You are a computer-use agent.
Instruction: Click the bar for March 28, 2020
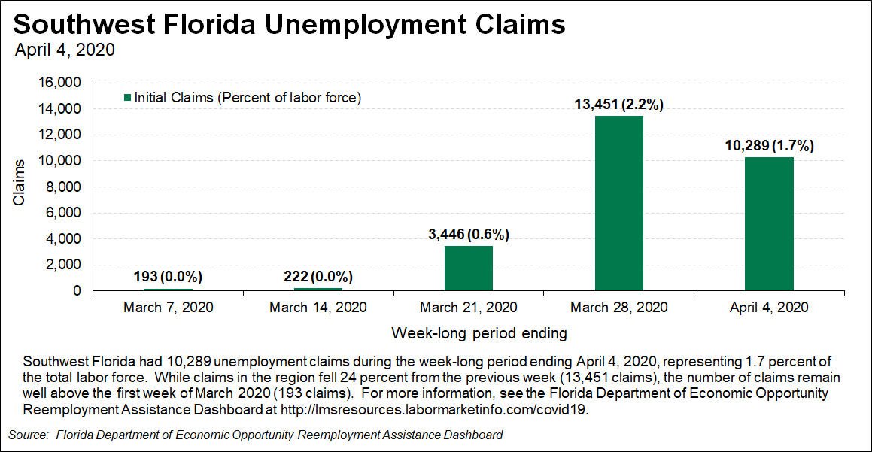pos(618,203)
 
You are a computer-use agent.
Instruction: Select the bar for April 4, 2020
pos(769,223)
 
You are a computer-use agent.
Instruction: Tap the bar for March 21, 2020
pos(468,268)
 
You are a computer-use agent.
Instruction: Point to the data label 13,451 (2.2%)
pos(618,105)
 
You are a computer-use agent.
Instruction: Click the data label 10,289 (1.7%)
pos(769,146)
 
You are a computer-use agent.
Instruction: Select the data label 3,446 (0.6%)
pos(468,235)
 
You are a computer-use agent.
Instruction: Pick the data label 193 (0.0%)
pos(168,276)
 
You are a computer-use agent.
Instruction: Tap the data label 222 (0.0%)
pos(318,276)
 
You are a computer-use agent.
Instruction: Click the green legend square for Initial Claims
pos(127,98)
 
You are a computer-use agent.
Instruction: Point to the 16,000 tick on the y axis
pos(61,83)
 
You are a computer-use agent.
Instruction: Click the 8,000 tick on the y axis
pos(64,187)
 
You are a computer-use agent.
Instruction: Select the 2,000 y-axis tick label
pos(64,265)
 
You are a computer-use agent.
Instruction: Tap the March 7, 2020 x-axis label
pos(168,307)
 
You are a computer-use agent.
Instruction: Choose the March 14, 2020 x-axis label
pos(318,307)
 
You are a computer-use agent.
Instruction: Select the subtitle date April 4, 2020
pos(65,50)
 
